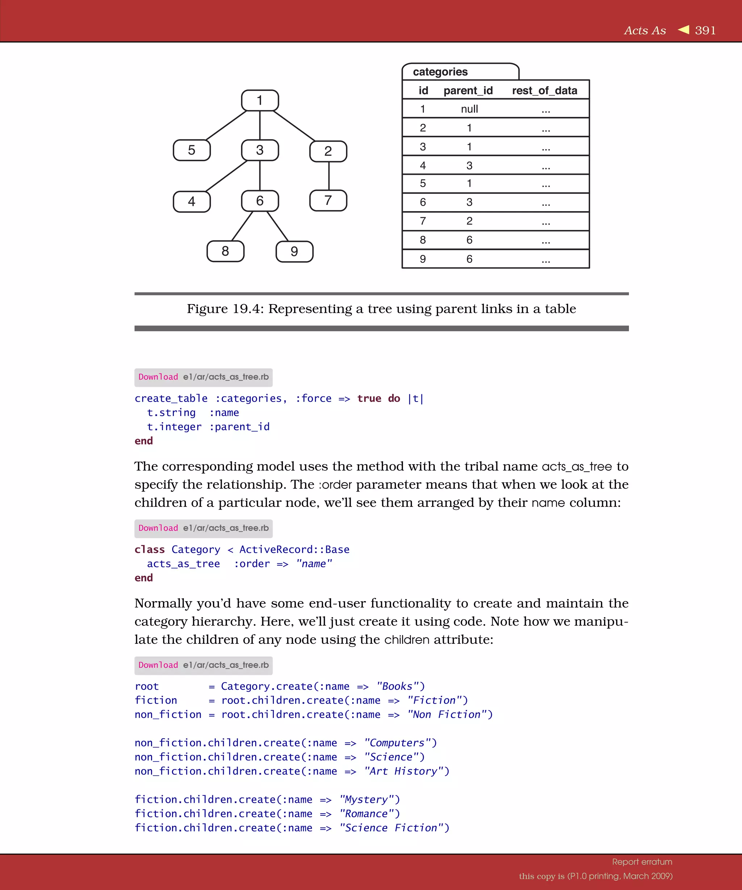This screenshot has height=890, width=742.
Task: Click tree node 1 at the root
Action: pyautogui.click(x=260, y=100)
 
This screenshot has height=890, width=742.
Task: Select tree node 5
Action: pyautogui.click(x=192, y=150)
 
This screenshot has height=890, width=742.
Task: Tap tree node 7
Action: pyautogui.click(x=328, y=201)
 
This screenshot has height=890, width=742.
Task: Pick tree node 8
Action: pyautogui.click(x=225, y=251)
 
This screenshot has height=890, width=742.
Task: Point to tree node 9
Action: pyautogui.click(x=294, y=252)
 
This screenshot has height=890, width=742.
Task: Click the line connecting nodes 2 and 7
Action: pyautogui.click(x=329, y=176)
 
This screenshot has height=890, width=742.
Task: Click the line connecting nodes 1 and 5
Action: pyautogui.click(x=226, y=125)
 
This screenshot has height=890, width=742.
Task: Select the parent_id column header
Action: pyautogui.click(x=468, y=91)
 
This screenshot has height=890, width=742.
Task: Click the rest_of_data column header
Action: pyautogui.click(x=545, y=91)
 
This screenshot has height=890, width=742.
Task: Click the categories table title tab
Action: pyautogui.click(x=440, y=72)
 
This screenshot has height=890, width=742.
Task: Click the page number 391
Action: pyautogui.click(x=705, y=30)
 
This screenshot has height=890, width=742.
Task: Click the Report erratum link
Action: pyautogui.click(x=642, y=862)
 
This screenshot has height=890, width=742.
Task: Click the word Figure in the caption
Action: pyautogui.click(x=207, y=309)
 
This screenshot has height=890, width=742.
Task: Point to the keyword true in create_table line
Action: pyautogui.click(x=369, y=399)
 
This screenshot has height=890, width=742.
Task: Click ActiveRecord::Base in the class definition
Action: pyautogui.click(x=294, y=550)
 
